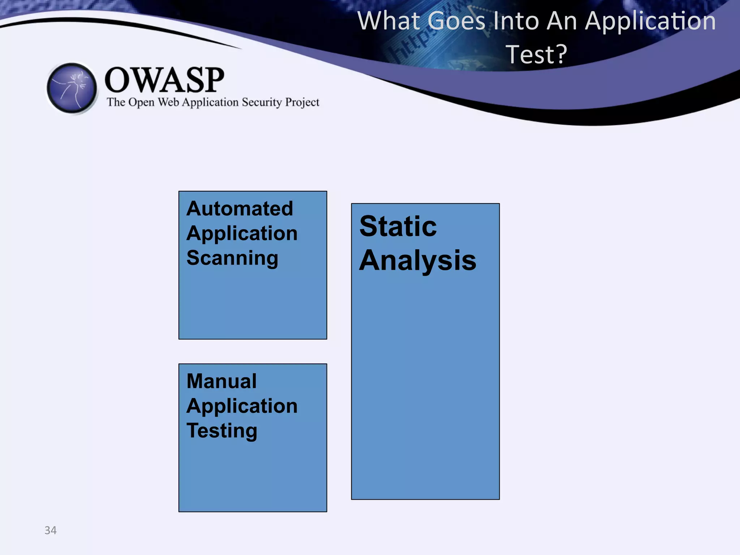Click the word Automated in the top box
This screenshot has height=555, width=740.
[x=240, y=208]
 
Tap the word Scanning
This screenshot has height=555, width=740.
[x=232, y=258]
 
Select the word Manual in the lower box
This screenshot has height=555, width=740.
[x=221, y=381]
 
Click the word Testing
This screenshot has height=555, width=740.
[x=222, y=431]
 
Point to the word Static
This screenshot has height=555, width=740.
[x=398, y=227]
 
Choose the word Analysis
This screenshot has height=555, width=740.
[x=418, y=261]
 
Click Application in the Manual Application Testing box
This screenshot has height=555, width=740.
[x=242, y=406]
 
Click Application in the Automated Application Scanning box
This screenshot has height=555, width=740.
[x=242, y=233]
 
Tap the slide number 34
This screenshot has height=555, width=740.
[x=51, y=530]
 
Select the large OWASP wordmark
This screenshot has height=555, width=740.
[x=164, y=80]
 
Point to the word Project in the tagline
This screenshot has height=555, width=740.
[x=302, y=103]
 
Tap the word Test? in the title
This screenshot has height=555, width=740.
[x=536, y=54]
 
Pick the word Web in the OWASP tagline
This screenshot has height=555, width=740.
[x=168, y=102]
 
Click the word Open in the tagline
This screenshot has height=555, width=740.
[x=142, y=103]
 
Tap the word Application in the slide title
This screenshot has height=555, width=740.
[x=650, y=22]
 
